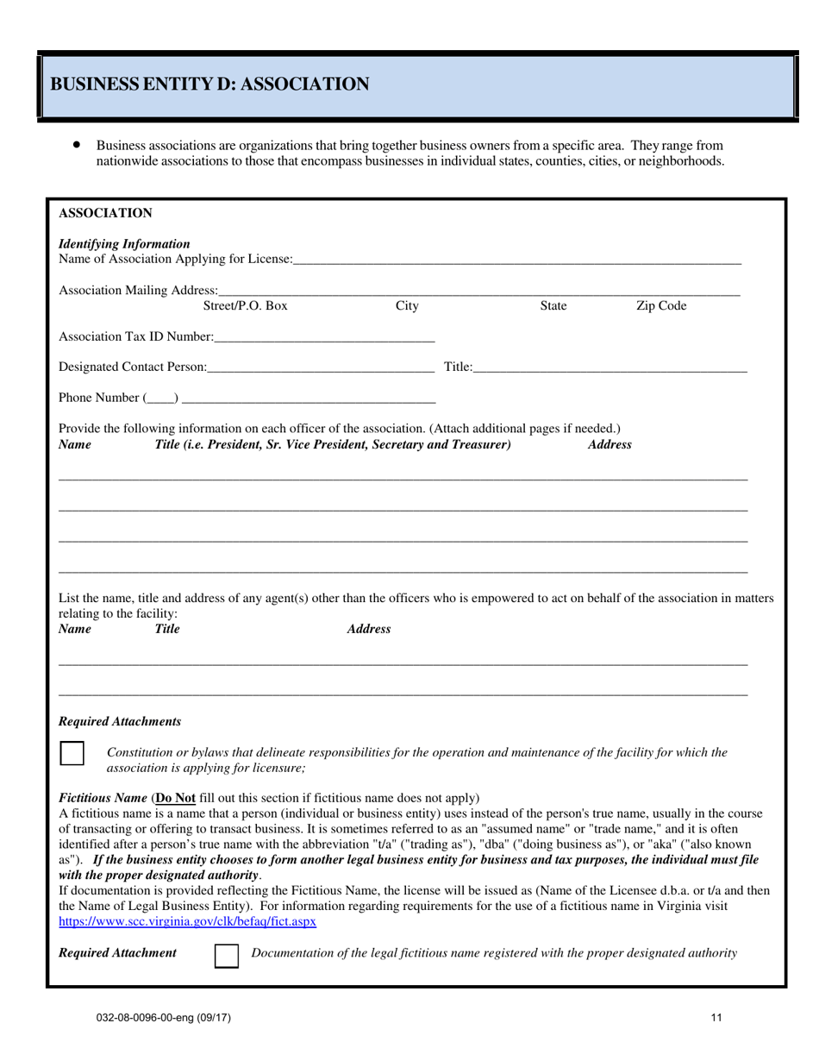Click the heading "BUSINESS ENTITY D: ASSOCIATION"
[x=210, y=84]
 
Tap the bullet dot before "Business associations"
[x=78, y=145]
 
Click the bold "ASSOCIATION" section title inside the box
[x=105, y=213]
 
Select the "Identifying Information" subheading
[x=124, y=244]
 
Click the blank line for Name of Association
[x=516, y=260]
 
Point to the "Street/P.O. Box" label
[x=245, y=305]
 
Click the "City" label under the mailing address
[x=407, y=305]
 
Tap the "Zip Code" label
[x=661, y=305]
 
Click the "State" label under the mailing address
[x=553, y=305]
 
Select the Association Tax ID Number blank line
[x=323, y=336]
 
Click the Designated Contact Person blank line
[x=321, y=368]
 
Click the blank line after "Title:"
[x=610, y=368]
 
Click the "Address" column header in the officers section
[x=610, y=444]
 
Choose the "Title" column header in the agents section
[x=167, y=629]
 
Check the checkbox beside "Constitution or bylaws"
[x=72, y=753]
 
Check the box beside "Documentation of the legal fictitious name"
[x=227, y=955]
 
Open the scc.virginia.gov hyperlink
[x=187, y=921]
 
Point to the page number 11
[x=716, y=1018]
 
